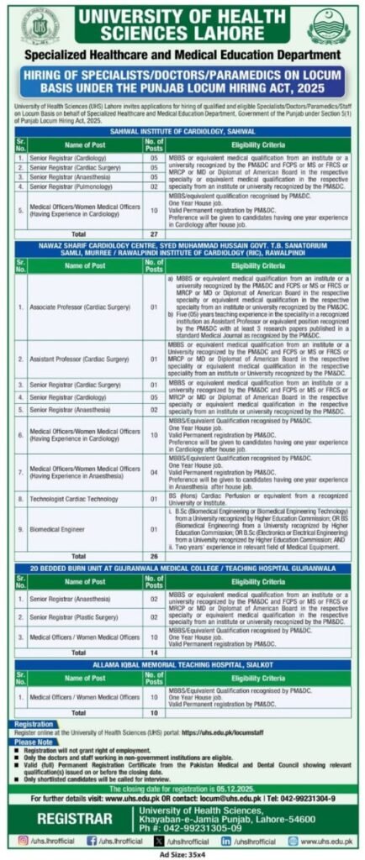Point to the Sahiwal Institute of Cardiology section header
click(x=182, y=131)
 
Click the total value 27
click(x=154, y=232)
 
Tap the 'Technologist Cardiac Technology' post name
click(x=74, y=498)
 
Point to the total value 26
click(x=154, y=555)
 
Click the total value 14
click(x=154, y=652)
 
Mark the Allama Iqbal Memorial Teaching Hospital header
click(x=182, y=663)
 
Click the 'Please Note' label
click(x=33, y=742)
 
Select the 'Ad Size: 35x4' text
click(x=182, y=853)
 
